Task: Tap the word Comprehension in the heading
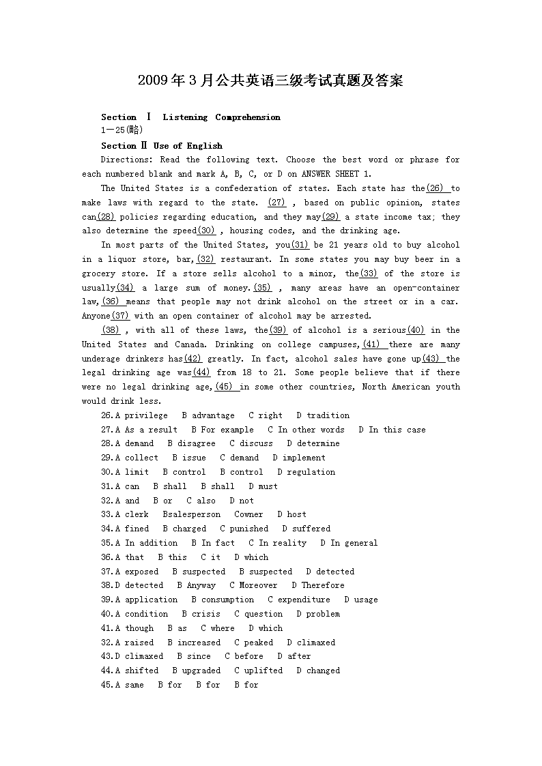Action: (x=248, y=117)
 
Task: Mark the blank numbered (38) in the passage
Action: (x=111, y=330)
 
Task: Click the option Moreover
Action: (x=258, y=585)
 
